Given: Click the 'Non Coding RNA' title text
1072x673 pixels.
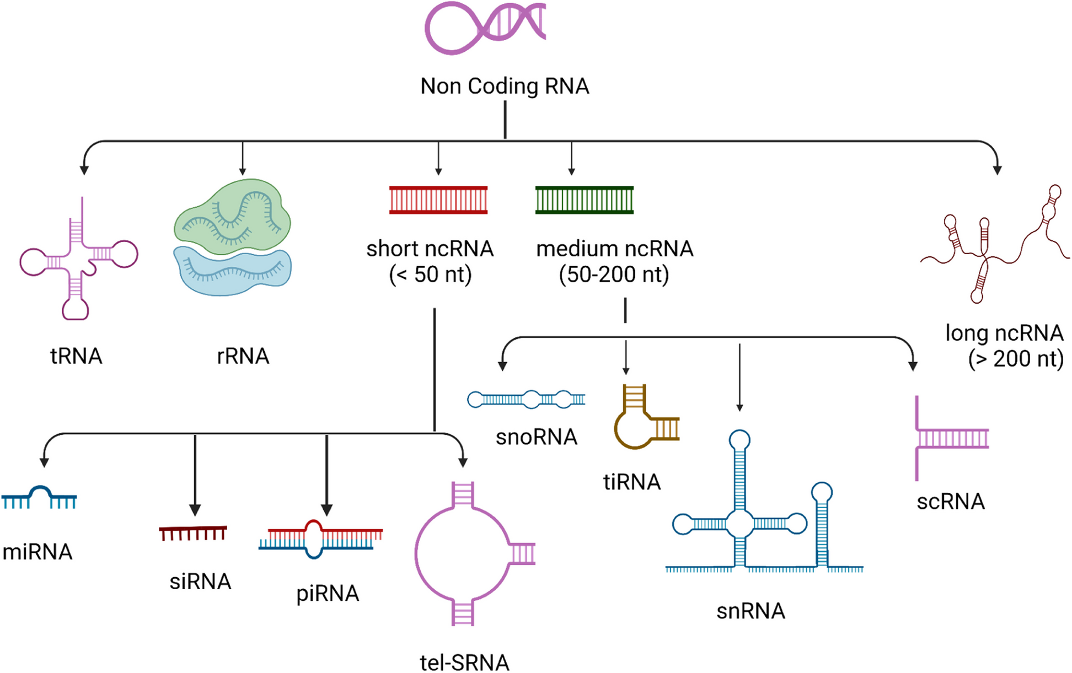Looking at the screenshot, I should (x=505, y=86).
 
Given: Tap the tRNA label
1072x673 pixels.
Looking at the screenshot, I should (x=76, y=356).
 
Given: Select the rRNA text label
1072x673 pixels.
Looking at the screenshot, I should (x=243, y=356).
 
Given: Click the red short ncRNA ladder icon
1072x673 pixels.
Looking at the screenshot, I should (x=438, y=200).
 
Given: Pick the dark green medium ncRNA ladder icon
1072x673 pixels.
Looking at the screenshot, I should (x=585, y=200).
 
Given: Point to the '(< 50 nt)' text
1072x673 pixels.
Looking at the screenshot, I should (x=430, y=274).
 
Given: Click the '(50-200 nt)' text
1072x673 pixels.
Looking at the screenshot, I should (x=614, y=274).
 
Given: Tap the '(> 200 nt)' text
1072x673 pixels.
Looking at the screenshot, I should (x=1015, y=359).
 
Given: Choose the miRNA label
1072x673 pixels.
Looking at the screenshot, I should (x=37, y=552).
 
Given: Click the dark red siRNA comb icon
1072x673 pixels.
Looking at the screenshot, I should (x=193, y=533).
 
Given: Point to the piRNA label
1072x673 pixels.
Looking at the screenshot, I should (x=328, y=594).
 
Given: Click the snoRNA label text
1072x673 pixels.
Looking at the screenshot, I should (x=536, y=437).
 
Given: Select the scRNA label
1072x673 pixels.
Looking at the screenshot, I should (x=951, y=502).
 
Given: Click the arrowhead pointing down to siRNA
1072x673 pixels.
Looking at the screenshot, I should (x=195, y=509).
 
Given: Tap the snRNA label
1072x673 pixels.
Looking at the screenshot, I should (x=751, y=611).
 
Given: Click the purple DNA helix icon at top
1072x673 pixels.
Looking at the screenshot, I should (x=485, y=28).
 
